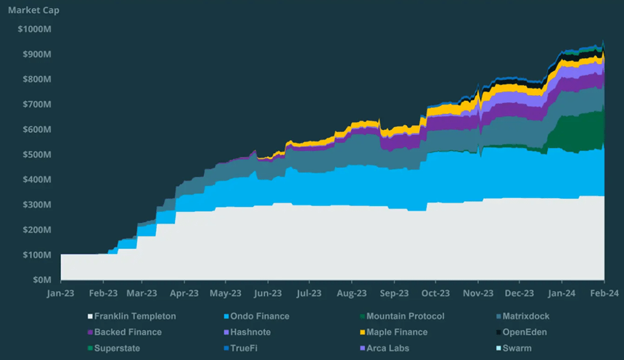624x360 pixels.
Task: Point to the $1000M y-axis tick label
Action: (34, 29)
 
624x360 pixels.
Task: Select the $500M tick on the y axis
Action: (36, 155)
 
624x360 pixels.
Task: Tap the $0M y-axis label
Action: (41, 279)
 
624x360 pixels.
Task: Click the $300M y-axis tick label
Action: (36, 205)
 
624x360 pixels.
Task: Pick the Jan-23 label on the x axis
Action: (60, 293)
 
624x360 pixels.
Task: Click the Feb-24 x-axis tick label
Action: (604, 293)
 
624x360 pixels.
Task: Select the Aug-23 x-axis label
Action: (351, 293)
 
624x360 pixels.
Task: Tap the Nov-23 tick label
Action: (477, 293)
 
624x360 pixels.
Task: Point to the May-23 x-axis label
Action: (226, 293)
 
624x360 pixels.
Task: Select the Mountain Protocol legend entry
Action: (406, 316)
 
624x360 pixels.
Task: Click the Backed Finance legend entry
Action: (128, 332)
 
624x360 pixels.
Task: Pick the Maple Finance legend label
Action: (397, 332)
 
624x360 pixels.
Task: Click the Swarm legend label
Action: (517, 348)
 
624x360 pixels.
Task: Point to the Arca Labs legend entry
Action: (387, 348)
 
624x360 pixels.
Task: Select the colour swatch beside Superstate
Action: (91, 348)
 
